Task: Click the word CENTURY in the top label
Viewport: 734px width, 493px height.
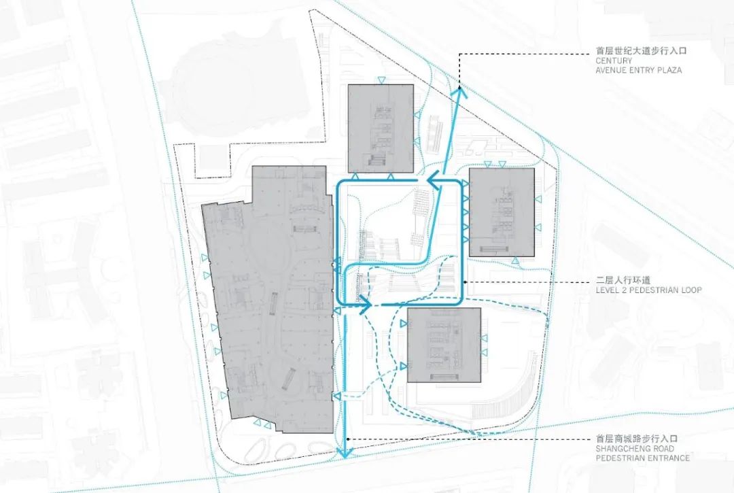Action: pos(614,61)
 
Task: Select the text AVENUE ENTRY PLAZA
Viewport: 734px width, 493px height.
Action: pos(638,70)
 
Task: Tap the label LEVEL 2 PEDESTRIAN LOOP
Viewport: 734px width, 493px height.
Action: pos(649,290)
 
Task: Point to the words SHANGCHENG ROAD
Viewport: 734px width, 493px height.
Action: pos(630,449)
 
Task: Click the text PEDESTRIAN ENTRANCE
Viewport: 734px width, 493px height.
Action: pos(643,458)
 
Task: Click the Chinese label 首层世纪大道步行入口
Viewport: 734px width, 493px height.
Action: pos(642,50)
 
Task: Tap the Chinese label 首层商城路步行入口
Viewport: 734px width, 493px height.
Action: pos(637,439)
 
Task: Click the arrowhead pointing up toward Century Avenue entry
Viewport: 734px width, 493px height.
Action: pos(459,92)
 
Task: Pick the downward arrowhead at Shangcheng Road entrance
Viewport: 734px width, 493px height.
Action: pos(345,452)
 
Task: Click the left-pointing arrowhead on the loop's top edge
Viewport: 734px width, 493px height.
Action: pos(434,180)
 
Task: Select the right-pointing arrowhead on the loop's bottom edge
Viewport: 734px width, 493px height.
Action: pos(365,305)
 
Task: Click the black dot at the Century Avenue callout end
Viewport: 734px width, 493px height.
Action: pos(459,86)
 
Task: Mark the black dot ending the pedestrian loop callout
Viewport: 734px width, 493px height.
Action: pos(464,282)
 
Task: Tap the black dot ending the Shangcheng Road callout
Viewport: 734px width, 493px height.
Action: pos(348,439)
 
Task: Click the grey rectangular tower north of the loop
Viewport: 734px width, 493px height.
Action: pos(381,129)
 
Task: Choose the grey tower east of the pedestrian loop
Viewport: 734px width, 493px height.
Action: pos(502,212)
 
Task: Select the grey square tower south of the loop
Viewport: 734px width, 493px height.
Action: pos(444,345)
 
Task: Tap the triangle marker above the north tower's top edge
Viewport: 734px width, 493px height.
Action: pos(381,80)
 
